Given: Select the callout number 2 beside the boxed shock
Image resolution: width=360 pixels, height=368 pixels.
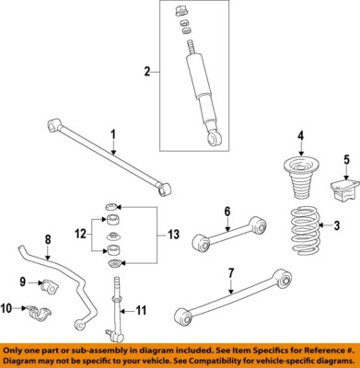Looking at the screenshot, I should pos(145,71).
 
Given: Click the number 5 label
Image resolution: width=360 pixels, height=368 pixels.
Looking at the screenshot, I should pos(345,159).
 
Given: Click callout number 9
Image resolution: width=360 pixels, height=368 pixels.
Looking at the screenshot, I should pos(23,281).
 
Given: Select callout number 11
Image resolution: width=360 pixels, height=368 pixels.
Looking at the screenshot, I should pos(141,309).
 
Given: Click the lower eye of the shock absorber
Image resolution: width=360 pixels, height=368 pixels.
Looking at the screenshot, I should pos(213,139).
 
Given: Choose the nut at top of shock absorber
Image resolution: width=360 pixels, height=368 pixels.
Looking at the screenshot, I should pos(180,13).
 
